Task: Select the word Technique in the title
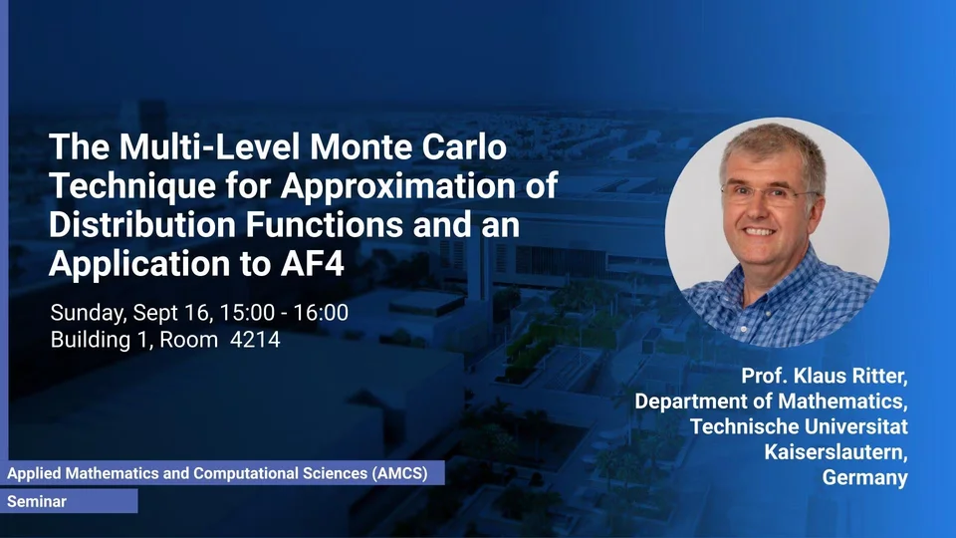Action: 132,186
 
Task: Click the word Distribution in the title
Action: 142,224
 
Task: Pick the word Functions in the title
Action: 324,224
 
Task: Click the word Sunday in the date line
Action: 89,313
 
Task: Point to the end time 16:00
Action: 321,312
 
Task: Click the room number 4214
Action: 255,339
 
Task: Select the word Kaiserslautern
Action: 836,452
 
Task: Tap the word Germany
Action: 864,477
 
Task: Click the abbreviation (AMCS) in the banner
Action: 400,473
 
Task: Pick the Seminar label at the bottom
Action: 37,501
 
